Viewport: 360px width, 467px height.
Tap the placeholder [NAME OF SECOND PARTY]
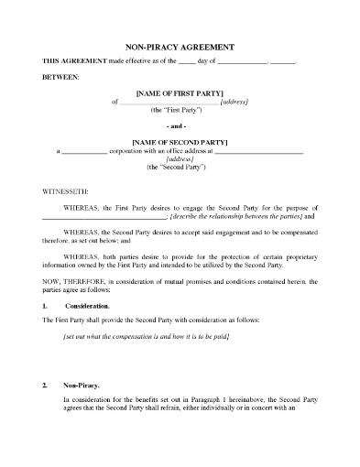(180, 142)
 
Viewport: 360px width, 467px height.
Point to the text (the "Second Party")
(180, 169)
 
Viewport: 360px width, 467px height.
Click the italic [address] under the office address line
(180, 160)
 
